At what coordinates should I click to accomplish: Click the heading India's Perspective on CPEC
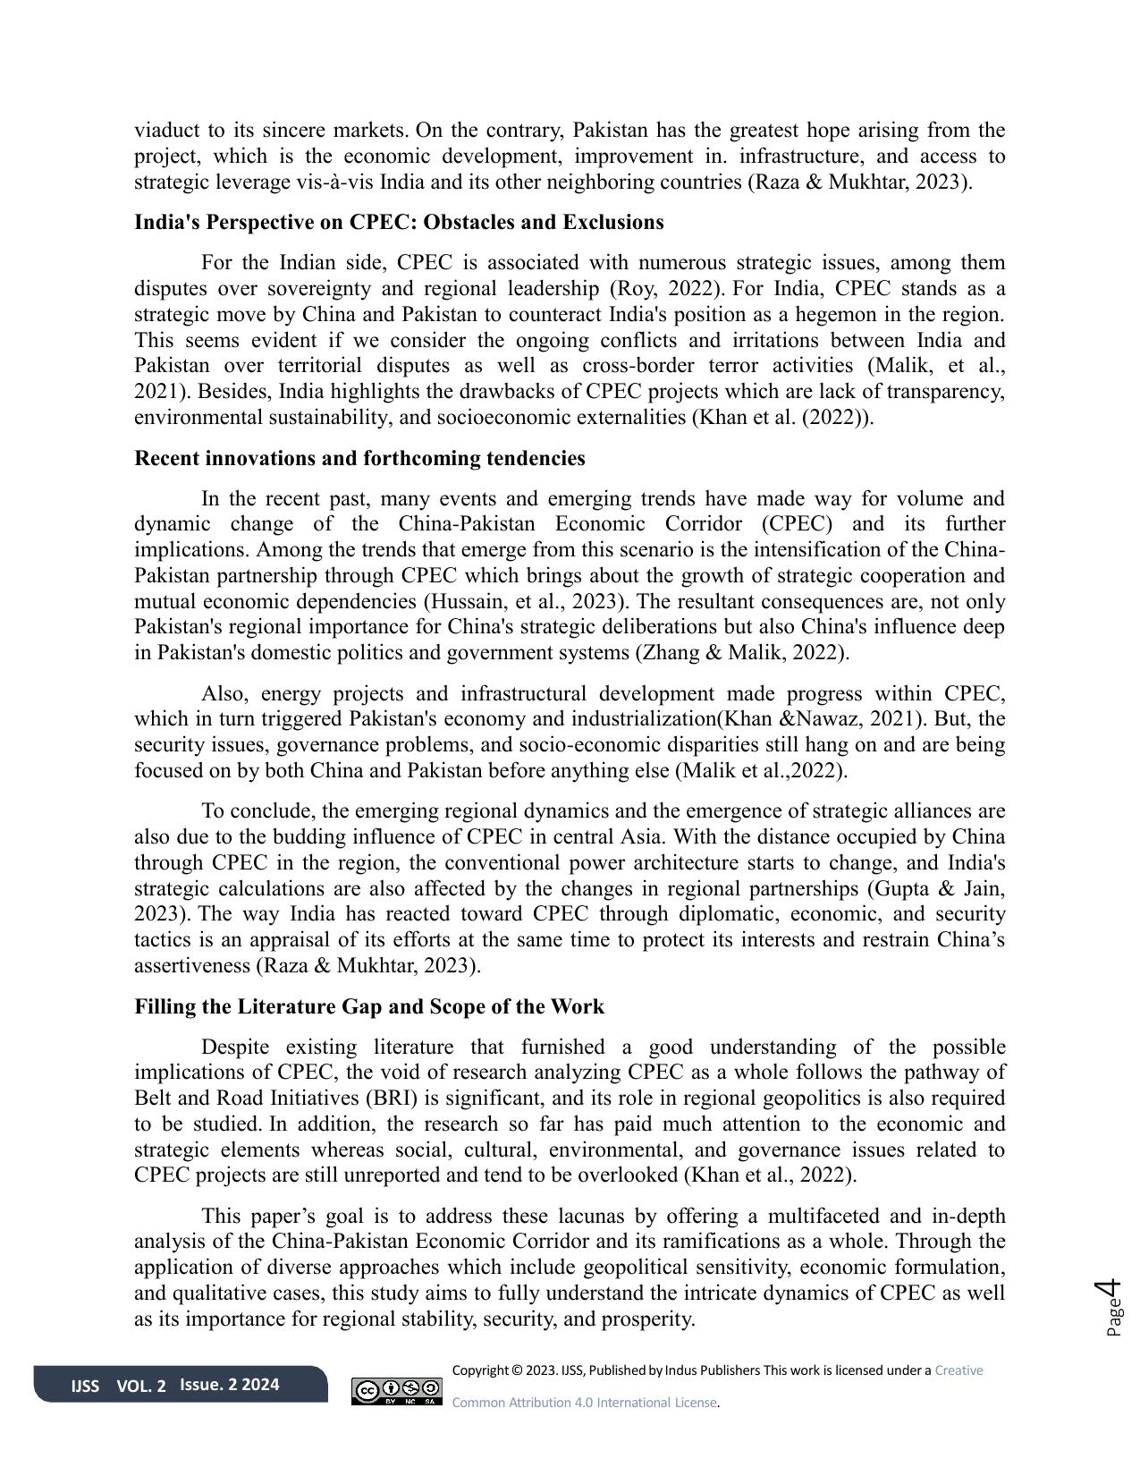click(399, 222)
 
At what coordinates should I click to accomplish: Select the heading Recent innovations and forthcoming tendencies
click(359, 458)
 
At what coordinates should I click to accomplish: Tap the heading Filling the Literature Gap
click(369, 1006)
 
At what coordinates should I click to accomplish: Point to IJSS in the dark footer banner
click(85, 1387)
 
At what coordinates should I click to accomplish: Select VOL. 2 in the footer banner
click(141, 1387)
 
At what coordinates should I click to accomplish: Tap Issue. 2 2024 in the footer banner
click(230, 1385)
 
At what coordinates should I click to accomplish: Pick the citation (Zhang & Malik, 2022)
click(741, 652)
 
